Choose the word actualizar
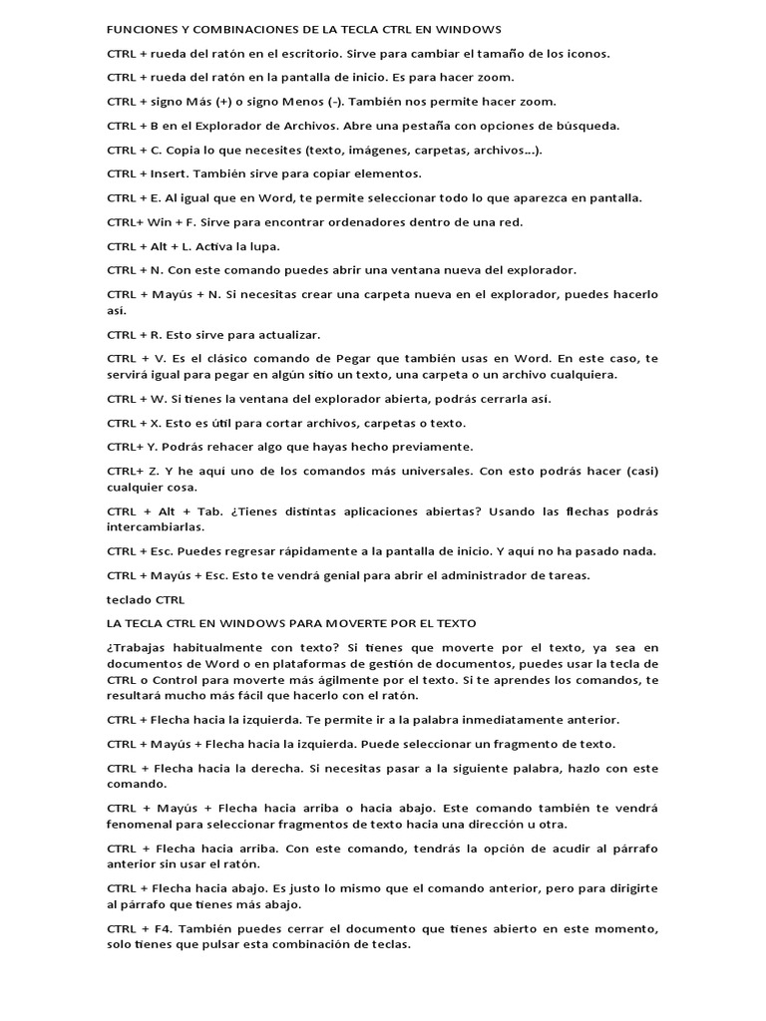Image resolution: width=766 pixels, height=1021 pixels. coord(286,334)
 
